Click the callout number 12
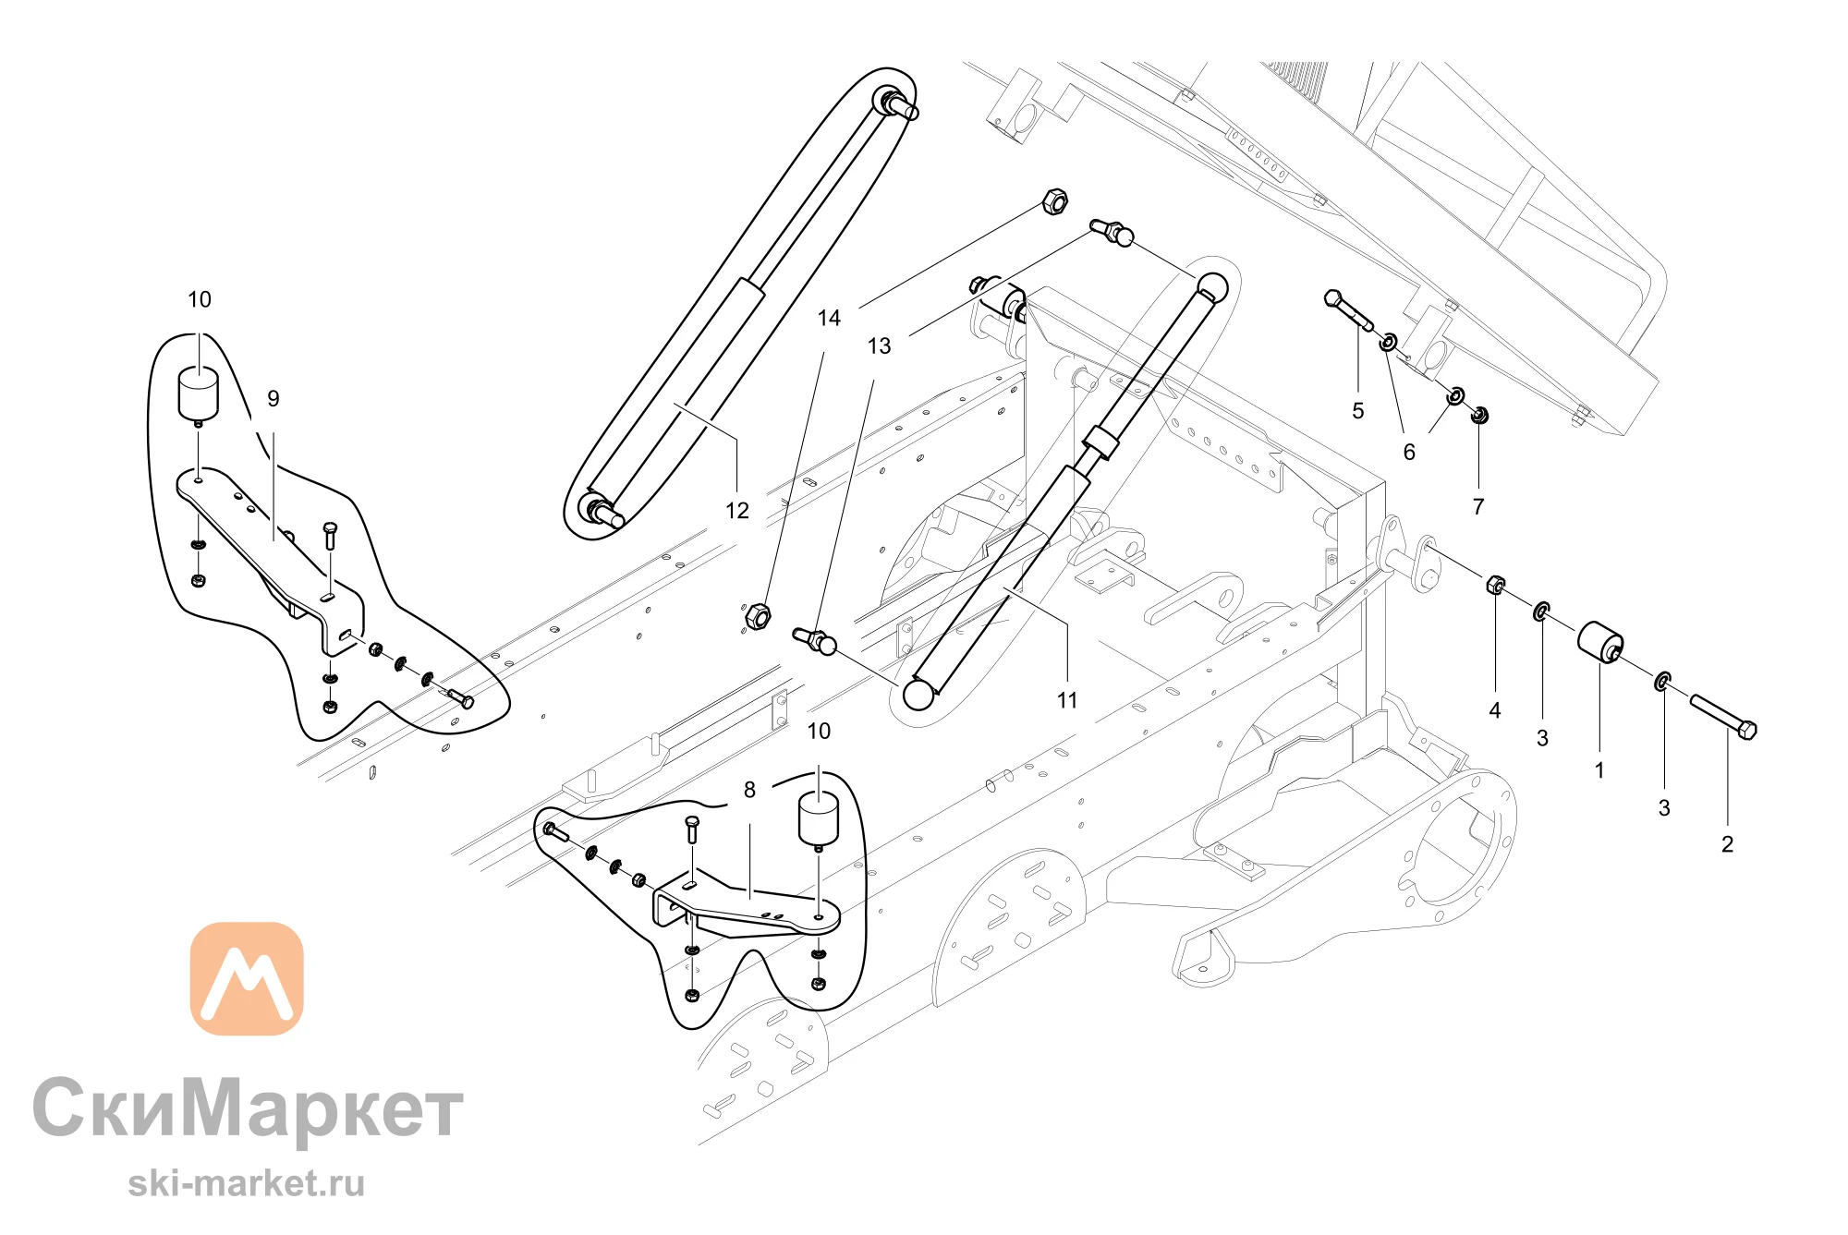coord(737,511)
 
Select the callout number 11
coord(1067,701)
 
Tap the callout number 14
coord(829,319)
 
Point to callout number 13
coord(879,346)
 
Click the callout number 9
coord(274,398)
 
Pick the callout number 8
coord(749,790)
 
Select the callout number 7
coord(1478,507)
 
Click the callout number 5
coord(1358,411)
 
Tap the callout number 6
coord(1409,453)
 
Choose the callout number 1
coord(1599,770)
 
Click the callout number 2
coord(1727,844)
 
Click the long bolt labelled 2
coord(1724,717)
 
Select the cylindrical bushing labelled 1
coord(1600,642)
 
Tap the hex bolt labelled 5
coord(1348,309)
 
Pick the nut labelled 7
coord(1478,415)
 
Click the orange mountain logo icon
coord(247,978)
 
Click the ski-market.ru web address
coord(246,1183)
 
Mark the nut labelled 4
coord(1496,585)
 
